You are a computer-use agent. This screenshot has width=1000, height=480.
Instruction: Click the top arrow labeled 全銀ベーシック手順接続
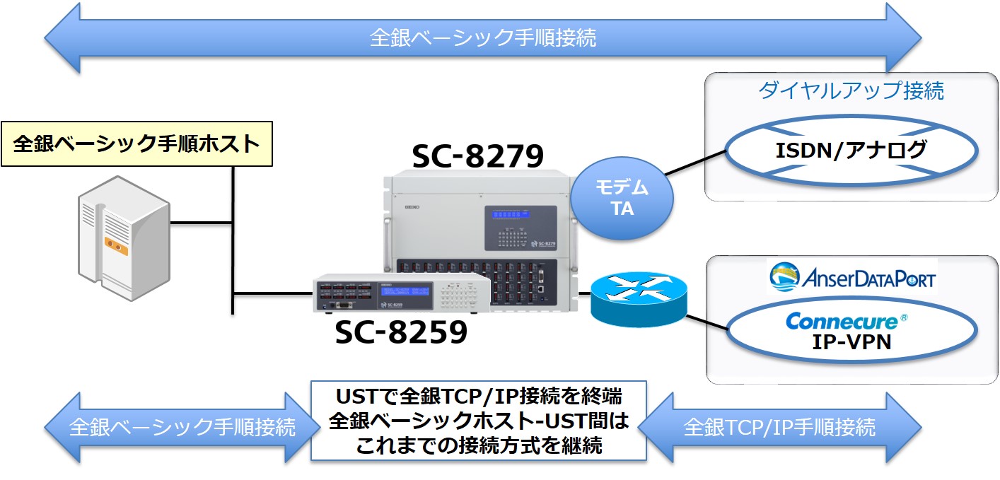[482, 37]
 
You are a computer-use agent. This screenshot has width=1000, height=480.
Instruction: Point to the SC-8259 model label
[401, 332]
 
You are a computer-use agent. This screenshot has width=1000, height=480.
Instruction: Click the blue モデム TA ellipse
[622, 198]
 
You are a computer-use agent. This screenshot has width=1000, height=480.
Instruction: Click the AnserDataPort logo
[851, 277]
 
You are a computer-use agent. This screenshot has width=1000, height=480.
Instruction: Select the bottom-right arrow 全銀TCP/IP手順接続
[779, 427]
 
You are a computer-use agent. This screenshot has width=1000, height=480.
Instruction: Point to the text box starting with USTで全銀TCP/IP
[479, 421]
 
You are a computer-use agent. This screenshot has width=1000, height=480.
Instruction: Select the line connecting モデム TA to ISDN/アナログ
[696, 163]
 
